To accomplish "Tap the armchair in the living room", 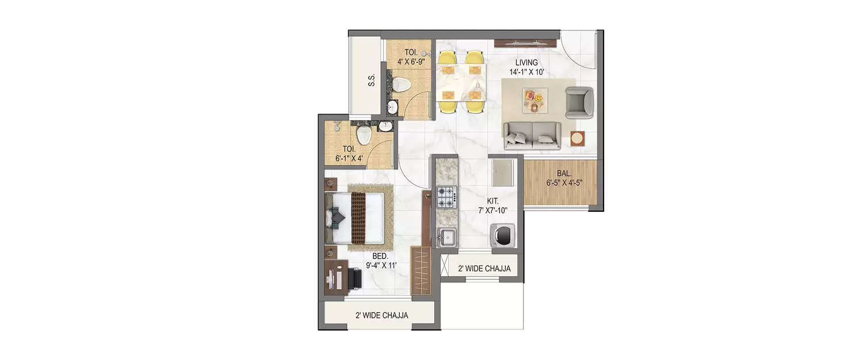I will pos(579,103).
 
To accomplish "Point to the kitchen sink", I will pos(446,236).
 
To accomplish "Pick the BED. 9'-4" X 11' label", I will pos(381,260).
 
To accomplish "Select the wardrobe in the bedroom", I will pos(422,271).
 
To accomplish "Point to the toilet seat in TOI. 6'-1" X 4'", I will pos(363,136).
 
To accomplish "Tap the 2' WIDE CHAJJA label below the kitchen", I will pos(483,268).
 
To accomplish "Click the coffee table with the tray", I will pos(533,99).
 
